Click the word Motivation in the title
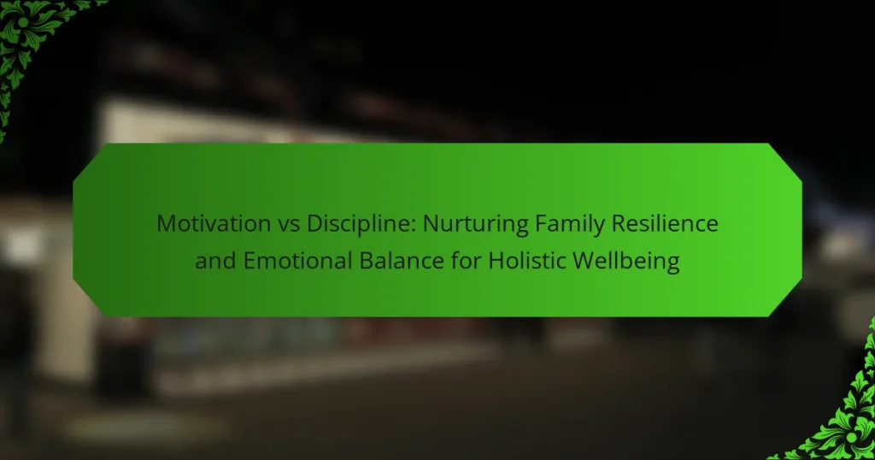pyautogui.click(x=214, y=223)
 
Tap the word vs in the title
pyautogui.click(x=289, y=225)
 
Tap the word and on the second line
pyautogui.click(x=215, y=261)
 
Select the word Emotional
pyautogui.click(x=297, y=261)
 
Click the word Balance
pyautogui.click(x=402, y=261)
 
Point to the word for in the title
pyautogui.click(x=467, y=261)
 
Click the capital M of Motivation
pyautogui.click(x=166, y=224)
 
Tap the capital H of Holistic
pyautogui.click(x=496, y=262)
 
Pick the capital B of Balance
pyautogui.click(x=366, y=262)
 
